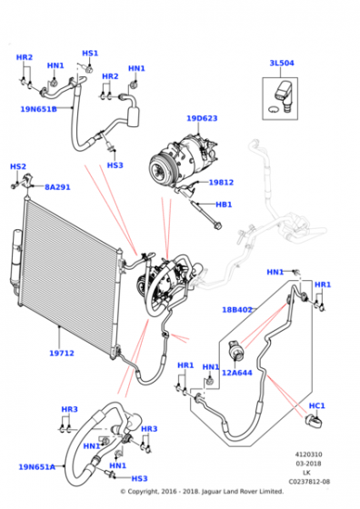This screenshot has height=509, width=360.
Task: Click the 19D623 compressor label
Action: pyautogui.click(x=202, y=118)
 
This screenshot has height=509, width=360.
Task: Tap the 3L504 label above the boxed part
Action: pyautogui.click(x=282, y=63)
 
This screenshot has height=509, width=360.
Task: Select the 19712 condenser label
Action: pyautogui.click(x=62, y=353)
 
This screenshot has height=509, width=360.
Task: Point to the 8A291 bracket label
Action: pyautogui.click(x=57, y=187)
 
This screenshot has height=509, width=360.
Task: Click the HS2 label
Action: pyautogui.click(x=18, y=166)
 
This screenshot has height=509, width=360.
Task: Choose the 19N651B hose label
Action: pyautogui.click(x=38, y=109)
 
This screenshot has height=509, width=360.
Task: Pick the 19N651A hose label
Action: pyautogui.click(x=37, y=467)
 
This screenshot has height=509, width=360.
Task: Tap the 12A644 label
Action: pyautogui.click(x=237, y=373)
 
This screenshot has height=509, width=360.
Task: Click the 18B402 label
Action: pyautogui.click(x=237, y=310)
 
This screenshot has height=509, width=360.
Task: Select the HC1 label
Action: pyautogui.click(x=317, y=405)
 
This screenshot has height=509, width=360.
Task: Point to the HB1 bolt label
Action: pyautogui.click(x=224, y=205)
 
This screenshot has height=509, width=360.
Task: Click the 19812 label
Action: pyautogui.click(x=221, y=183)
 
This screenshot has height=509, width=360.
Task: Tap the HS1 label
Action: pyautogui.click(x=90, y=54)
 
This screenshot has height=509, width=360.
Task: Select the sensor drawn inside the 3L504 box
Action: pyautogui.click(x=283, y=95)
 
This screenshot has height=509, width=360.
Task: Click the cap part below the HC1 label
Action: pyautogui.click(x=314, y=422)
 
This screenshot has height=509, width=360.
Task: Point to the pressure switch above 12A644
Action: pyautogui.click(x=236, y=350)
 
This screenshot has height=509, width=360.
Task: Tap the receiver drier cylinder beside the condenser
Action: pyautogui.click(x=16, y=258)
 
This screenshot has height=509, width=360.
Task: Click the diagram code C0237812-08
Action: pyautogui.click(x=309, y=482)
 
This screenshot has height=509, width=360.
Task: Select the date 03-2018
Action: pyautogui.click(x=309, y=464)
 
